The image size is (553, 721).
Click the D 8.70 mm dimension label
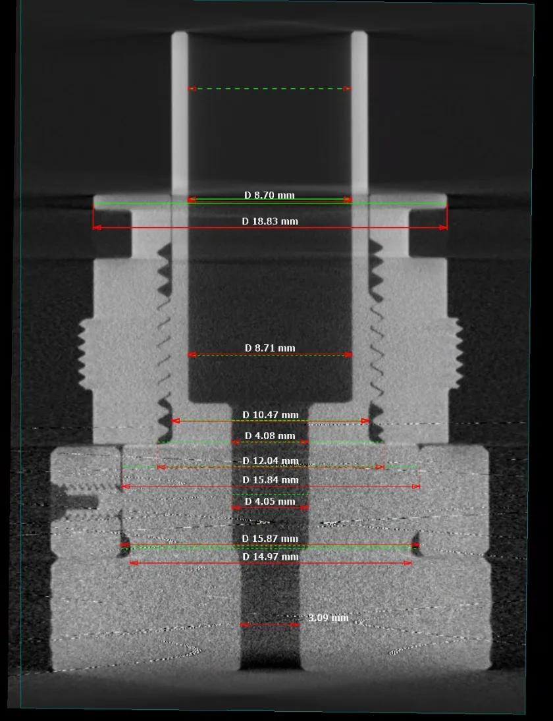269,195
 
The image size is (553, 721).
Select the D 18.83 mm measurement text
270,221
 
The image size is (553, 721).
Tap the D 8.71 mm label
270,348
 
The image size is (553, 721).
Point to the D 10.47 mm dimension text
271,415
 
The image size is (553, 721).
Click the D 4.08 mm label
270,435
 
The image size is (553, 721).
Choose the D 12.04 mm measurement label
271,461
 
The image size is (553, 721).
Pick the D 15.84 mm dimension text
271,479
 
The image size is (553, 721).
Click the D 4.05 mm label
270,501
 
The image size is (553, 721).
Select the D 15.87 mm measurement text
271,539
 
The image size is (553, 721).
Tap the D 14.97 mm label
271,556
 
